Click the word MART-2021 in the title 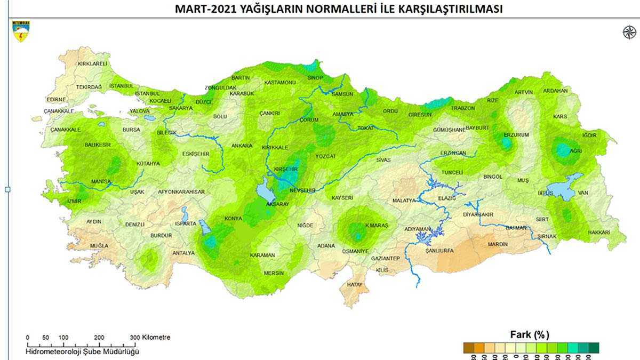pyautogui.click(x=198, y=9)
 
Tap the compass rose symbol pyautogui.click(x=629, y=32)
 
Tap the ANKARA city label pyautogui.click(x=242, y=146)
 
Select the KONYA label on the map pyautogui.click(x=234, y=219)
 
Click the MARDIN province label pyautogui.click(x=498, y=245)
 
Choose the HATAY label pyautogui.click(x=355, y=285)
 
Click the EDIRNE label pyautogui.click(x=56, y=99)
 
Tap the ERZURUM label pyautogui.click(x=516, y=135)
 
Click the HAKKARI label pyautogui.click(x=599, y=233)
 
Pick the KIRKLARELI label pyautogui.click(x=93, y=63)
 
